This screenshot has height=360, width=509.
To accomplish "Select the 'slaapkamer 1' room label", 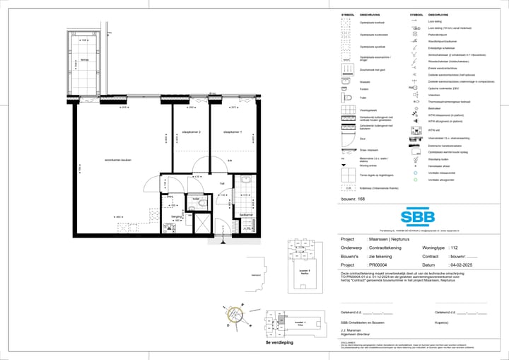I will click(x=233, y=132).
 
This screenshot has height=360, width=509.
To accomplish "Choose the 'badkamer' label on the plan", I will click(x=246, y=214).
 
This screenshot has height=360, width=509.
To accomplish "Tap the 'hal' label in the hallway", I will click(x=221, y=183).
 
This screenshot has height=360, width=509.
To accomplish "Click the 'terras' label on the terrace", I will click(x=85, y=59).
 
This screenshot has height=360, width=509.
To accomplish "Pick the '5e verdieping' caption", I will click(x=279, y=342).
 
